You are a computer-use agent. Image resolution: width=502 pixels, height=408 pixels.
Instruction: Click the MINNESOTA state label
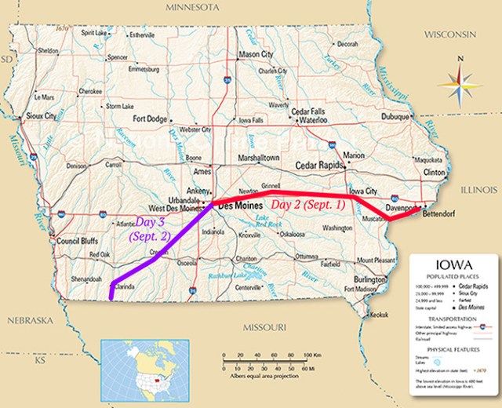[x=192, y=8]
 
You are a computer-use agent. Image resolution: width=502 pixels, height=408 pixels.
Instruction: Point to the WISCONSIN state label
[x=450, y=35]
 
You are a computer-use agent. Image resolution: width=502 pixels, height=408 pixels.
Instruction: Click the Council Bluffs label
[x=75, y=242]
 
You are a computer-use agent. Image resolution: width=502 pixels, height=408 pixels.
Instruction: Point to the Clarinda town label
[x=125, y=287]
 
